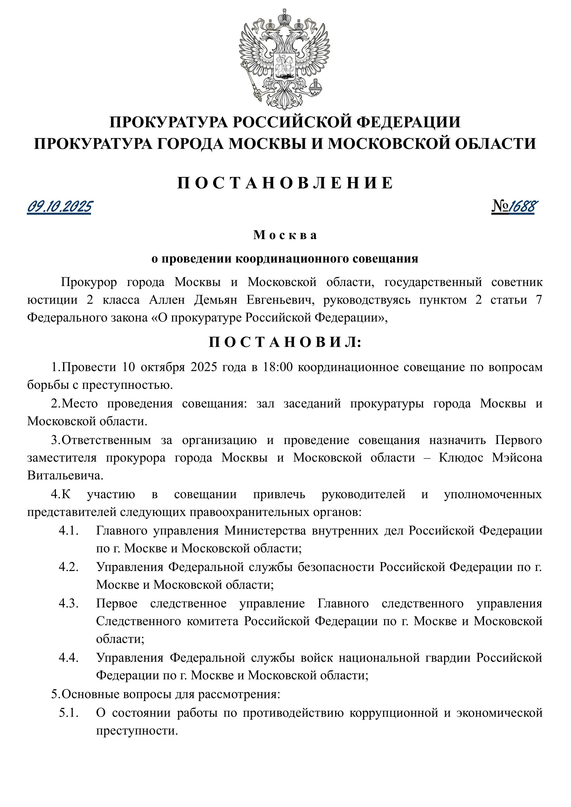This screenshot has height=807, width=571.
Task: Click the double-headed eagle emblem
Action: (x=284, y=59)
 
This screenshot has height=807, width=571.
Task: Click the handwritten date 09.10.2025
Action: (x=59, y=207)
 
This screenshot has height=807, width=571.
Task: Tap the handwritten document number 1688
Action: (x=523, y=207)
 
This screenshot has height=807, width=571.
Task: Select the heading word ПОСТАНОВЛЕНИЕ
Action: (x=285, y=183)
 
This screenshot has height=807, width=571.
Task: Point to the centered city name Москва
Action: (x=285, y=235)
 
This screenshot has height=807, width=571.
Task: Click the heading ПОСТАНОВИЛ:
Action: (x=285, y=342)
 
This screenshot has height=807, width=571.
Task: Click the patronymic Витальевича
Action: (x=66, y=476)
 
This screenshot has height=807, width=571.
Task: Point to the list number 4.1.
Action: (x=69, y=531)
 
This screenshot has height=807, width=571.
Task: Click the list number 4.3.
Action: (x=69, y=603)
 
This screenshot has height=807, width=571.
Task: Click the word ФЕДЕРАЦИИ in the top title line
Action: (x=408, y=122)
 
